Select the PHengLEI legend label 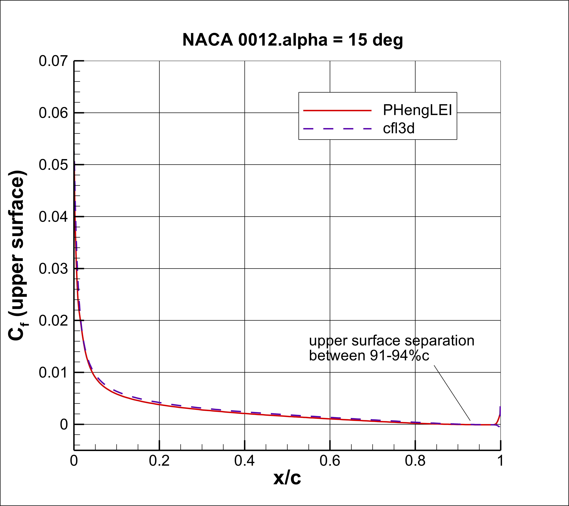point(417,110)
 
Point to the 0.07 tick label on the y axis point(53,61)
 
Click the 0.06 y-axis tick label point(53,113)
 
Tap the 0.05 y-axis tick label point(53,165)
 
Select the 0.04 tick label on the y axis point(53,217)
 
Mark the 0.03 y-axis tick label point(53,269)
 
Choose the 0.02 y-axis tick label point(53,321)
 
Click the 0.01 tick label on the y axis point(53,373)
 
